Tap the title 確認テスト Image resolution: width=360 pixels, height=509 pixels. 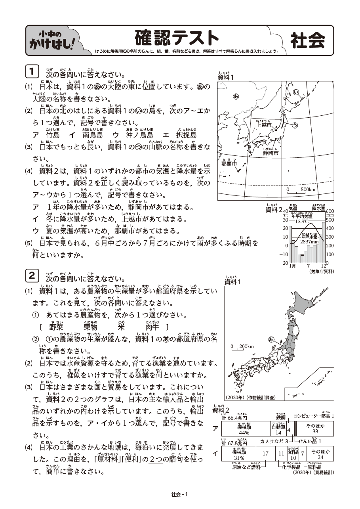point(176,38)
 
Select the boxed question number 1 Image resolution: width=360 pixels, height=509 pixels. point(32,71)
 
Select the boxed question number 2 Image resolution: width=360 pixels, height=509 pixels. point(32,275)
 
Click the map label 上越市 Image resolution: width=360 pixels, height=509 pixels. point(264,125)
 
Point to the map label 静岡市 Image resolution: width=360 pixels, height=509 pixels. point(270,153)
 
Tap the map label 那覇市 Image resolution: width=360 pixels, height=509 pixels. point(229,163)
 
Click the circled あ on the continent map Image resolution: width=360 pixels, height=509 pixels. point(236,96)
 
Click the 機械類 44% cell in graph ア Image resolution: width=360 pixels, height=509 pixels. point(242,429)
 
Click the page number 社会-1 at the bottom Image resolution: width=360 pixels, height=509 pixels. point(179,494)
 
